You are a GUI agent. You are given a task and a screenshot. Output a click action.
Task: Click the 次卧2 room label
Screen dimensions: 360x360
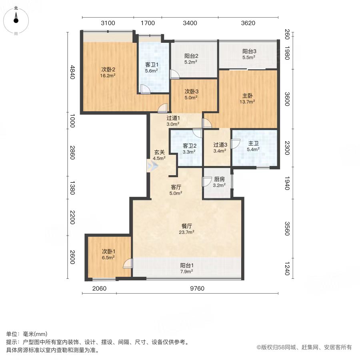click(x=108, y=69)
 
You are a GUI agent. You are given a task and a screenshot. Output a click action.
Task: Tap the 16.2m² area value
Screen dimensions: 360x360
click(x=108, y=76)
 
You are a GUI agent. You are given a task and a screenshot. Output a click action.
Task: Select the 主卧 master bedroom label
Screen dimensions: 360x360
click(x=248, y=96)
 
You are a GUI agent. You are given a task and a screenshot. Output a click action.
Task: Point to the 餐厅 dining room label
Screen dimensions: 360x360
click(x=186, y=226)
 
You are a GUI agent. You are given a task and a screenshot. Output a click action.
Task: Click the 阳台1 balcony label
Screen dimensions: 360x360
click(x=187, y=266)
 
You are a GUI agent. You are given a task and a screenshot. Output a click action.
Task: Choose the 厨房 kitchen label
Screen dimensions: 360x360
click(x=219, y=179)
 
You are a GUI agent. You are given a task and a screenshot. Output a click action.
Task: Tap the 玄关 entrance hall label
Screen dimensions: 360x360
click(x=159, y=152)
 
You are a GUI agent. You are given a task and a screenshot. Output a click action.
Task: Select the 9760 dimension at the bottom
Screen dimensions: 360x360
click(x=197, y=288)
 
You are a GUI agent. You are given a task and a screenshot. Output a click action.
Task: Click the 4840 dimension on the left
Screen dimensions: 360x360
click(x=72, y=72)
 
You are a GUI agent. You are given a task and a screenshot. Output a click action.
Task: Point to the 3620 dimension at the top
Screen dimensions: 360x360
click(x=248, y=23)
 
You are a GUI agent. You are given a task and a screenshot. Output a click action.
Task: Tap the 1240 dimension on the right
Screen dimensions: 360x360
click(x=287, y=268)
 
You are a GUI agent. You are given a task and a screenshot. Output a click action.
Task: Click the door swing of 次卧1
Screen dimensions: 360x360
click(x=128, y=264)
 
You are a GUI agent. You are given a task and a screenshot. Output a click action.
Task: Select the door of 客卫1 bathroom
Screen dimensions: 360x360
click(x=145, y=89)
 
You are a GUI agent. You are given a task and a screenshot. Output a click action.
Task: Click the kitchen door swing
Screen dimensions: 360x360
click(x=207, y=182)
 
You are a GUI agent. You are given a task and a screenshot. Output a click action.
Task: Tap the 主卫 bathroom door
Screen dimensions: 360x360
click(x=235, y=144)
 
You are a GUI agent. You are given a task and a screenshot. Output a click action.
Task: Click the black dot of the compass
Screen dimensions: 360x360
click(x=16, y=21)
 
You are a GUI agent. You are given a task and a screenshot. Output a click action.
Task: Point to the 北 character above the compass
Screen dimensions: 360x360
click(x=16, y=8)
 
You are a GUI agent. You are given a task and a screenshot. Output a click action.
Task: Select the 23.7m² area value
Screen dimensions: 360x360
click(x=186, y=232)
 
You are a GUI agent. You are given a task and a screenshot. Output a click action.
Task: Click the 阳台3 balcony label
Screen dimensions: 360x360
click(x=249, y=52)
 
